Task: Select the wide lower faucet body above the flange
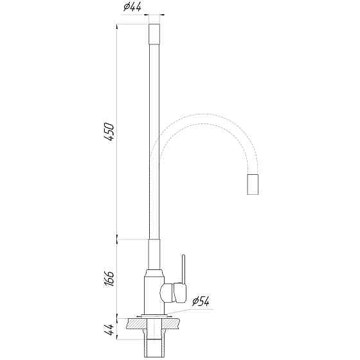tap(152, 292)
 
